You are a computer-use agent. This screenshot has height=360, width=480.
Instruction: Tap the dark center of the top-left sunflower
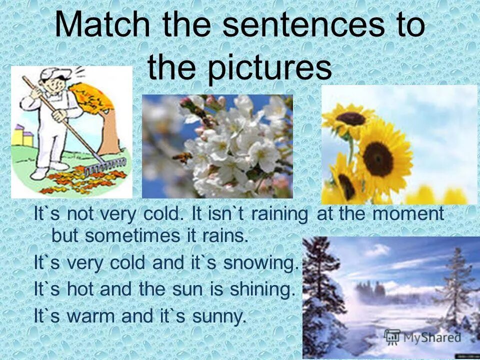tap(350, 118)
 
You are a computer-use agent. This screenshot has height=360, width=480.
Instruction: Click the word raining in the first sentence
tap(279, 214)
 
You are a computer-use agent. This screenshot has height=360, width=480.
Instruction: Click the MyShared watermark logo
tap(422, 337)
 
